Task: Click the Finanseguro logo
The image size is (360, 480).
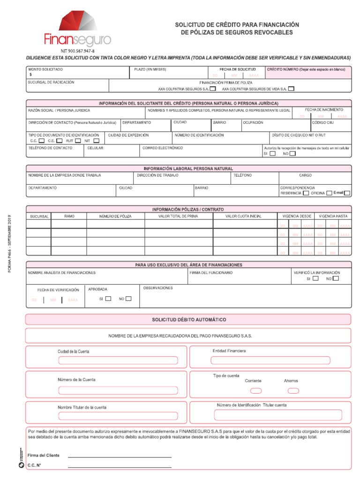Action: [x=77, y=29]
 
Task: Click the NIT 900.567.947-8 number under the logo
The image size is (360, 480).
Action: [x=77, y=51]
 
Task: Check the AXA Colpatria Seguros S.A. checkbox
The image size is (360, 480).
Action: [x=213, y=88]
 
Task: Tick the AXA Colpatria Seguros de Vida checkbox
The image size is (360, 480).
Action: [x=291, y=88]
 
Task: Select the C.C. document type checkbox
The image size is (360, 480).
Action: [x=42, y=140]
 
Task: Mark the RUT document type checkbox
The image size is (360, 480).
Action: [x=78, y=140]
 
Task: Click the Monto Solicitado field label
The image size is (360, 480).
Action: [x=45, y=69]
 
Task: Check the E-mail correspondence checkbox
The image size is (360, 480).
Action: [x=347, y=193]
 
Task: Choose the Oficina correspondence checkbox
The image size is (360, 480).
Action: [x=329, y=193]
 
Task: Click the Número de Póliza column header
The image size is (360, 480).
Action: [x=115, y=216]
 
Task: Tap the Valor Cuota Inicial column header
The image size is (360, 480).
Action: [x=243, y=216]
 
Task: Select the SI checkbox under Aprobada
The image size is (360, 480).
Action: [x=108, y=299]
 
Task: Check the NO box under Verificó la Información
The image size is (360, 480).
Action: [x=336, y=278]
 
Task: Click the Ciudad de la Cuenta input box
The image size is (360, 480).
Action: [x=118, y=360]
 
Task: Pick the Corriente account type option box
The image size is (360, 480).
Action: [x=256, y=390]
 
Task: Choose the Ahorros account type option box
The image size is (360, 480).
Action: [x=293, y=390]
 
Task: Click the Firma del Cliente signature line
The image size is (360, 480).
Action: [x=120, y=456]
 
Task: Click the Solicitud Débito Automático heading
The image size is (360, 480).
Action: [x=188, y=320]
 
